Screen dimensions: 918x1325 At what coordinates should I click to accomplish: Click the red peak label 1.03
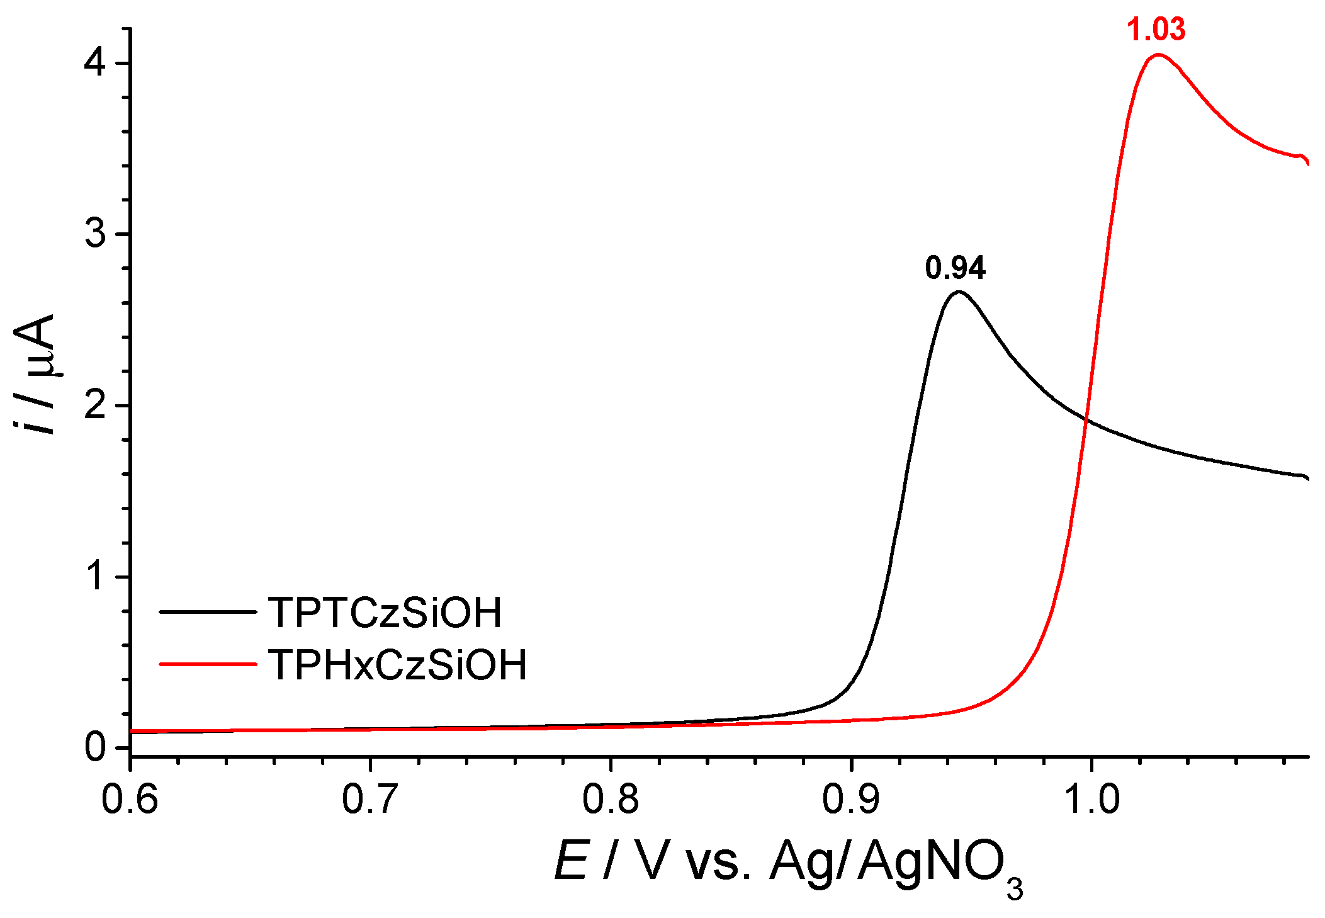1156,30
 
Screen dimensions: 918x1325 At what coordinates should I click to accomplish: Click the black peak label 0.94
955,268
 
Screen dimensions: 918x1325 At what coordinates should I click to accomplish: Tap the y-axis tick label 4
96,62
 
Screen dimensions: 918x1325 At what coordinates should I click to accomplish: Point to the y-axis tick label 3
96,234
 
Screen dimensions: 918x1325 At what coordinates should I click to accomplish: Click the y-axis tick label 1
96,576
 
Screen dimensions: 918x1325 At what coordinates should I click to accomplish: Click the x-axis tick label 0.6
130,799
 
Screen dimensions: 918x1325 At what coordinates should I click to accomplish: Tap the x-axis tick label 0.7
371,799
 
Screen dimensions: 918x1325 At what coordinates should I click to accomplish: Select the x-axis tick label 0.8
611,799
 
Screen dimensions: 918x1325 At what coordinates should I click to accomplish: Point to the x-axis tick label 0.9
851,799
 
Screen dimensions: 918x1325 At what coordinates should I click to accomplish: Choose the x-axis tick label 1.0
1091,799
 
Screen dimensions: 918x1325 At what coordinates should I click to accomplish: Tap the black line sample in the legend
208,611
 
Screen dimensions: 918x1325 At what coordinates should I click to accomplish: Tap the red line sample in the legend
208,664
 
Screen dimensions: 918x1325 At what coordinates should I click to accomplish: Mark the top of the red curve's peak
1158,55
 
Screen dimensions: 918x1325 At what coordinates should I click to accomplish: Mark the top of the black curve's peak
958,292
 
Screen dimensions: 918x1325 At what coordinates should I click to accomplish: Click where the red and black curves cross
1086,419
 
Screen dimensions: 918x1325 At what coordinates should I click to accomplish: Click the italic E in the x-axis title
571,861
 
